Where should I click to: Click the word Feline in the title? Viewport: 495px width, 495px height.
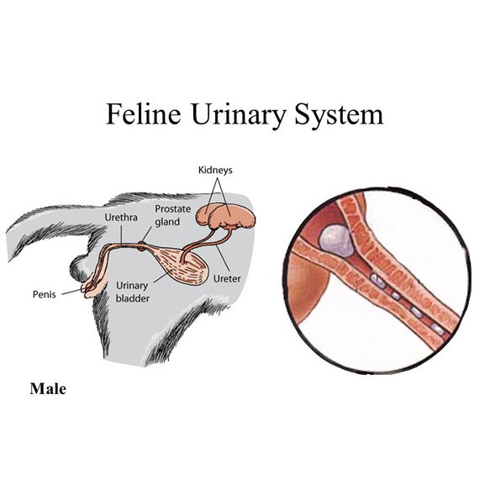point(144,113)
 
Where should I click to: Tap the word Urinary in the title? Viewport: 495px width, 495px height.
point(239,115)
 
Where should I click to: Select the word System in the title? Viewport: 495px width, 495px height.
point(339,115)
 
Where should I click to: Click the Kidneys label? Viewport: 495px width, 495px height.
point(215,170)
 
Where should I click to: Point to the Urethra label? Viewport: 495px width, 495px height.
point(121,217)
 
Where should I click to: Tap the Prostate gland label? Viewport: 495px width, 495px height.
point(172,215)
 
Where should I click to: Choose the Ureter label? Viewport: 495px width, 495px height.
point(227,279)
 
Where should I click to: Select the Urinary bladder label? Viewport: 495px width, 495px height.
point(132,292)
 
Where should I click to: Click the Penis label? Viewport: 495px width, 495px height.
point(45,294)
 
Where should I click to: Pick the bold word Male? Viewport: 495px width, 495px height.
point(48,388)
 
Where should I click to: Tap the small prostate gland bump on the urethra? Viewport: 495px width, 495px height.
point(142,246)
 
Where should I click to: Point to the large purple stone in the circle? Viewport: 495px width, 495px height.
point(336,241)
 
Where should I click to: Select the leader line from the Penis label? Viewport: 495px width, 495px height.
point(73,292)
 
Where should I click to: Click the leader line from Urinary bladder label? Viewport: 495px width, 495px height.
point(162,276)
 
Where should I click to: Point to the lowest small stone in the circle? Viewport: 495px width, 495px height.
point(438,329)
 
